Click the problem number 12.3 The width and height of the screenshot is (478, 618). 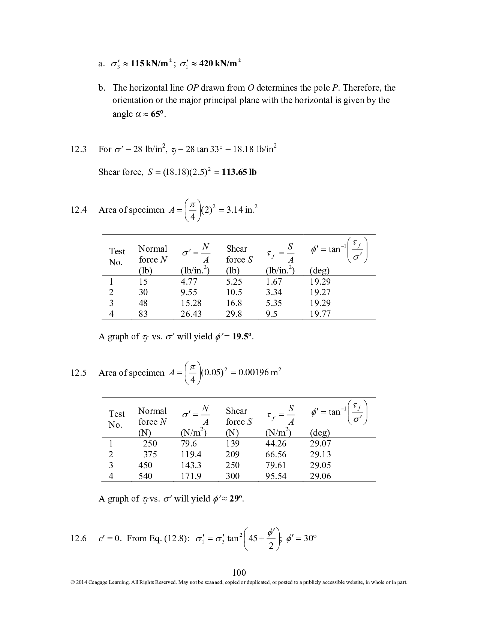(x=78, y=149)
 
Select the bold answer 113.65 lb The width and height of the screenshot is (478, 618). (x=239, y=172)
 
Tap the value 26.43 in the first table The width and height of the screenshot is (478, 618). (x=191, y=314)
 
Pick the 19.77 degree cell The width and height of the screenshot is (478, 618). (x=320, y=314)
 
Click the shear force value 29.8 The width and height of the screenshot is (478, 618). (x=234, y=314)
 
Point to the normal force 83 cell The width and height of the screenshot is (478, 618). (x=143, y=314)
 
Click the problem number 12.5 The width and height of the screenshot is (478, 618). (x=78, y=373)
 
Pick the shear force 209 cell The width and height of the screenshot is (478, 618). (x=232, y=454)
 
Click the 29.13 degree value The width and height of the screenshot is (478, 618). (x=320, y=454)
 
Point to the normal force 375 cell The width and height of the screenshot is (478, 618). (x=150, y=454)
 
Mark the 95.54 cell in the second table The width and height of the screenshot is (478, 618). (x=276, y=476)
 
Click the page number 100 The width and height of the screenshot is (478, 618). (x=239, y=572)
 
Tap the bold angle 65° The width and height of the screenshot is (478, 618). (x=157, y=114)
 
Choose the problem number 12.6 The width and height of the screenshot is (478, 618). (x=78, y=539)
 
